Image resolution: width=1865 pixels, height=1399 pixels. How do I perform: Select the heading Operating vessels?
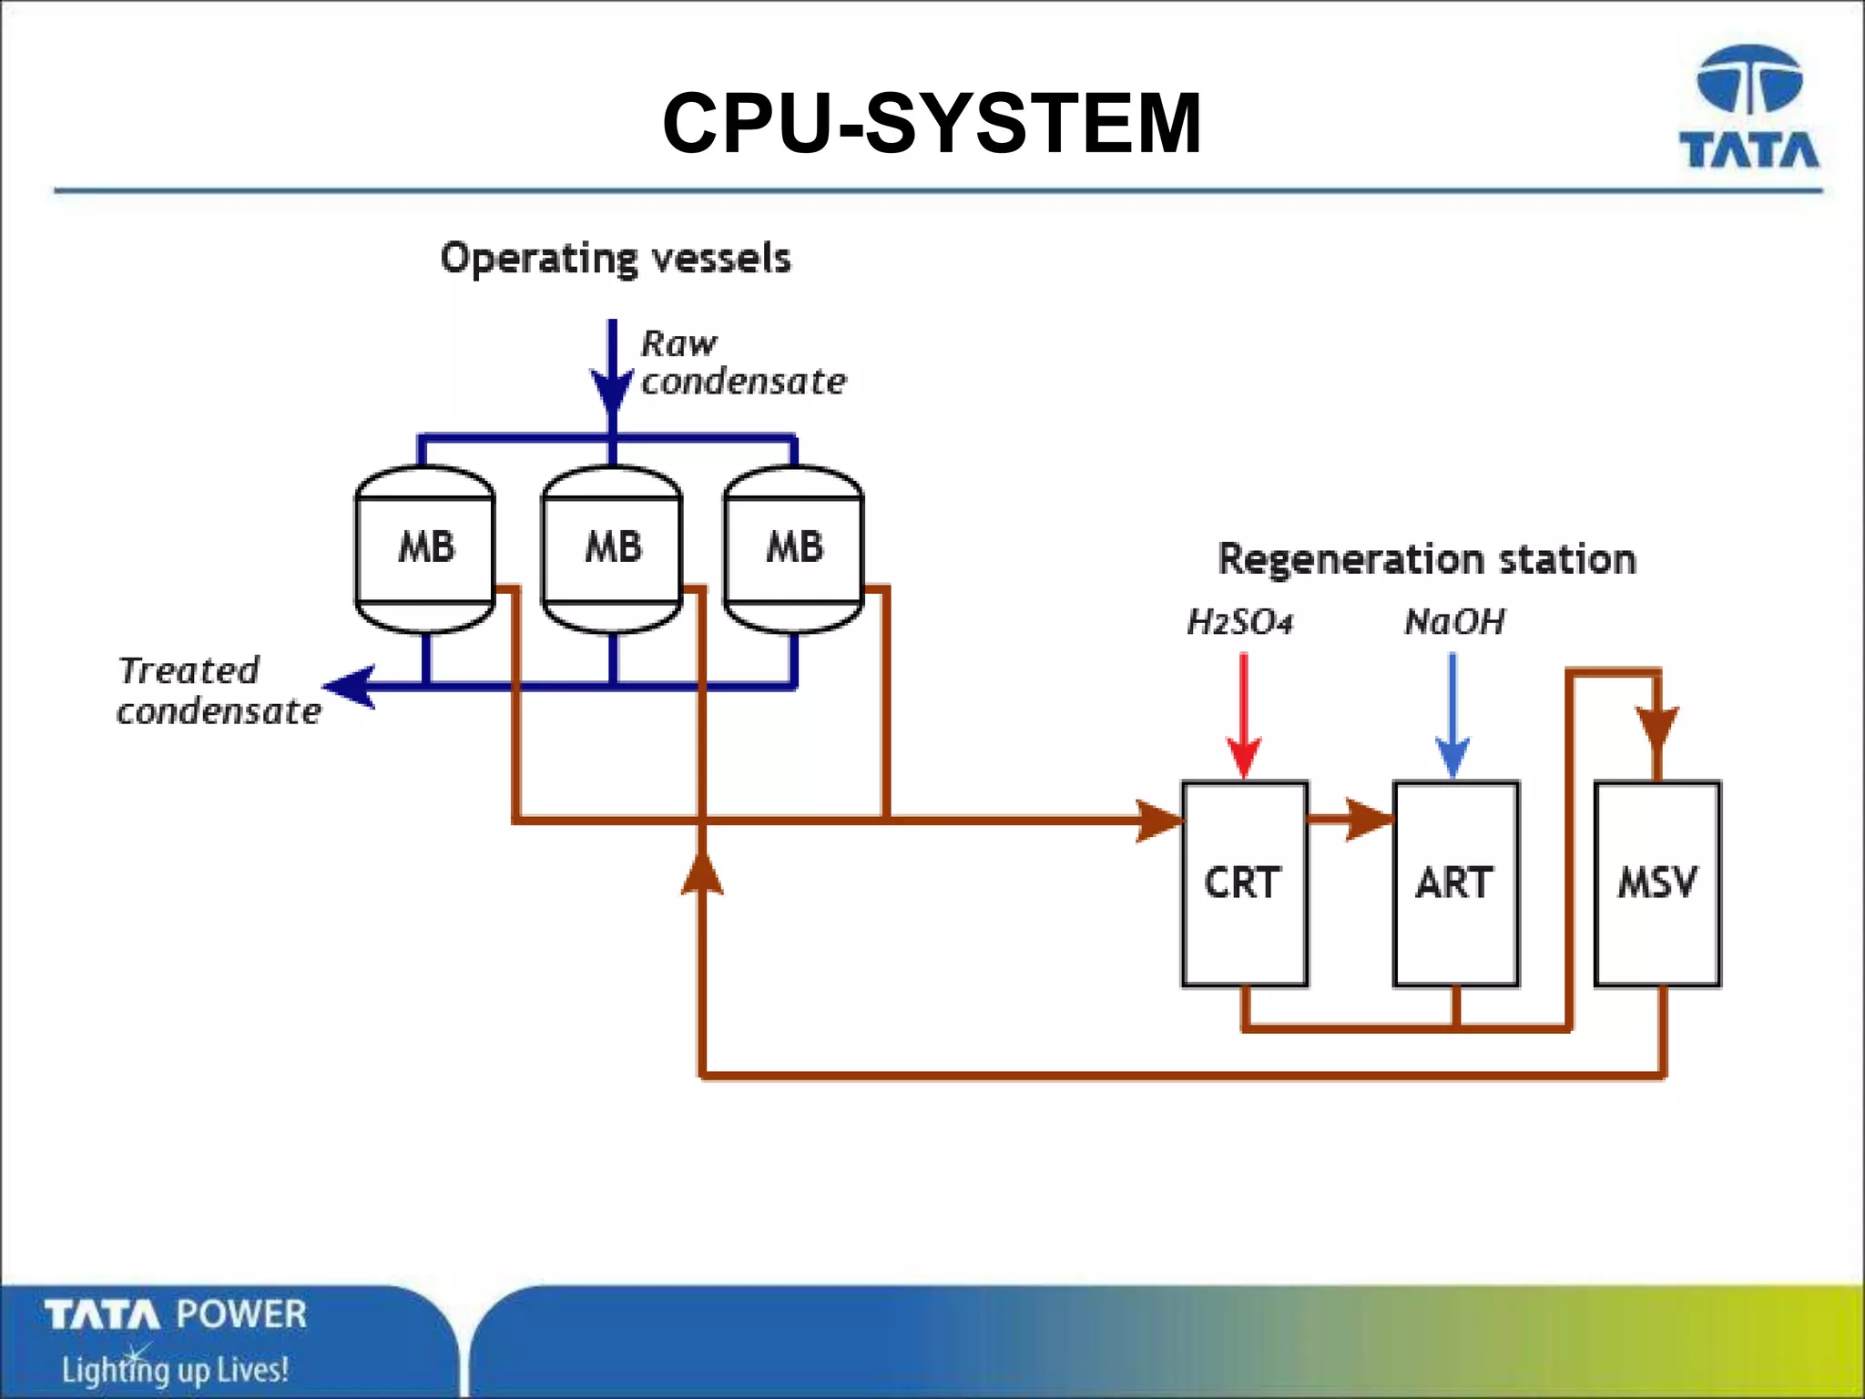pos(616,259)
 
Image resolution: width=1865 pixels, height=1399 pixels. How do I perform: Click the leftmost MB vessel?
pos(425,549)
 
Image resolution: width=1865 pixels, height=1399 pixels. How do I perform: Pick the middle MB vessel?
pos(612,549)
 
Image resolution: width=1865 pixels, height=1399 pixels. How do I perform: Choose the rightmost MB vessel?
pos(793,549)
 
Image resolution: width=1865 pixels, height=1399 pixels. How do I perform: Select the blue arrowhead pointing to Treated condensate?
pos(352,686)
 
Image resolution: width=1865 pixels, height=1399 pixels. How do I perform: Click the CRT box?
pos(1244,883)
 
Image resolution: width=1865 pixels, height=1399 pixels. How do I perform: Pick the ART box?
pos(1455,883)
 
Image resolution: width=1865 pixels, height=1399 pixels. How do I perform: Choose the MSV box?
pos(1657,883)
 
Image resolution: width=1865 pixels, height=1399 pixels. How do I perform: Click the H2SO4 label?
pos(1240,623)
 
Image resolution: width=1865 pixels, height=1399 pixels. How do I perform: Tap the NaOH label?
pos(1454,623)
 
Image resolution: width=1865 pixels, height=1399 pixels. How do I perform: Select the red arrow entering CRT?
pos(1244,720)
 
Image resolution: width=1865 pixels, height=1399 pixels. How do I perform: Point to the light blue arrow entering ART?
pos(1452,720)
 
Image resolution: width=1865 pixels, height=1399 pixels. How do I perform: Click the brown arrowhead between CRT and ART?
pos(1368,820)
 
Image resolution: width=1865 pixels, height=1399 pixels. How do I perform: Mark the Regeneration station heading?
pos(1427,559)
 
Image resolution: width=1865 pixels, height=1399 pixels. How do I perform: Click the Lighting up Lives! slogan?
pos(175,1369)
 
